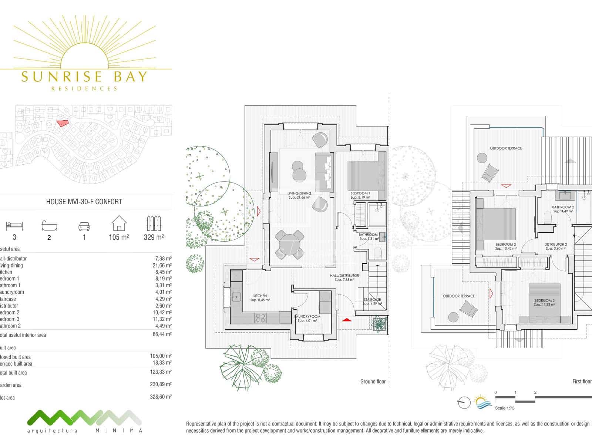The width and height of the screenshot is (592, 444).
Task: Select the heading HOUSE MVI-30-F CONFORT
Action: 84,202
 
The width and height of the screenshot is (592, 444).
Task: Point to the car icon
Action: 84,226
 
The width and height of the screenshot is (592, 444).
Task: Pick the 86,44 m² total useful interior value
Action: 161,334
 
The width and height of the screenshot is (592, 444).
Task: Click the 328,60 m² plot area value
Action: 161,397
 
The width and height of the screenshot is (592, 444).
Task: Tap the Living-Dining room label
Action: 299,194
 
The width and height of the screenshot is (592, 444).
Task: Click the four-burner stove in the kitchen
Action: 260,317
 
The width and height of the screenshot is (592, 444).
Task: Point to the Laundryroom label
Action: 307,317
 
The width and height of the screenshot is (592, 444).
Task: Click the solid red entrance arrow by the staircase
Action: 346,319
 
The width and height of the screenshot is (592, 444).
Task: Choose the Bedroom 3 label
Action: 544,300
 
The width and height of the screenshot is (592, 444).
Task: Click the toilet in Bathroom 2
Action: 548,218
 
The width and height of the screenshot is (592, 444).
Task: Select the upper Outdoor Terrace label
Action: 505,148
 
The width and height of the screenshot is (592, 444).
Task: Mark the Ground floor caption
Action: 373,381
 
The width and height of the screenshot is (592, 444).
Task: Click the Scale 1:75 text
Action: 505,408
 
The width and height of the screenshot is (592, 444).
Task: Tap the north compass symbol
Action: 464,402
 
